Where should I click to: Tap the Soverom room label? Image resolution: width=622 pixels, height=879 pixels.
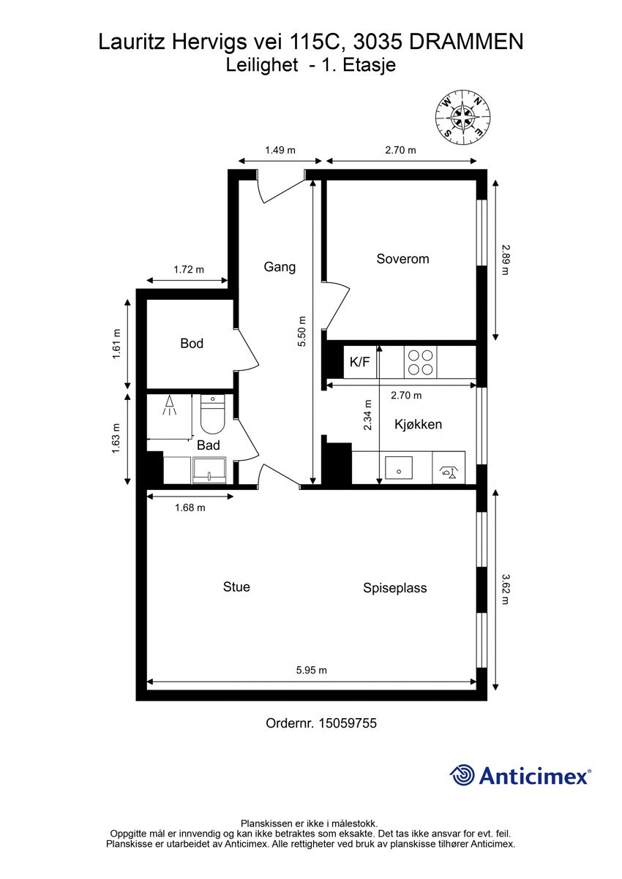[402, 259]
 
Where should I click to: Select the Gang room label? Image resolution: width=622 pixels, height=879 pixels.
[280, 267]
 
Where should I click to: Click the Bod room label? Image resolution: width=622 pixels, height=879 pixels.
[192, 344]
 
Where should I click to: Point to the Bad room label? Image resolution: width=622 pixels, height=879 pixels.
[208, 445]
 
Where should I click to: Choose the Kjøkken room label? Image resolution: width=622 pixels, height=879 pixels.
[418, 424]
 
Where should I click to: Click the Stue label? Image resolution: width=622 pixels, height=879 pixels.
[236, 586]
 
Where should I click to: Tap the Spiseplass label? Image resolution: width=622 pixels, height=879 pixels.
[394, 588]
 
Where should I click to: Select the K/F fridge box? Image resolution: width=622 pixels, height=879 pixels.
[359, 361]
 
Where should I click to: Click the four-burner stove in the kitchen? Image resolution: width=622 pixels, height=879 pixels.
[420, 361]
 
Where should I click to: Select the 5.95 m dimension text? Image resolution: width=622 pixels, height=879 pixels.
[311, 670]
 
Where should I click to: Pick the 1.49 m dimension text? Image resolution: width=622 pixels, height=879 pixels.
[280, 151]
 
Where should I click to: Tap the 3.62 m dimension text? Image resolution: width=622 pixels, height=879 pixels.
[504, 589]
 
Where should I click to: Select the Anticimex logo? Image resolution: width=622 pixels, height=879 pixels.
[520, 775]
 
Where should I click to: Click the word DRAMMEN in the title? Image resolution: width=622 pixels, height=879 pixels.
[466, 42]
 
